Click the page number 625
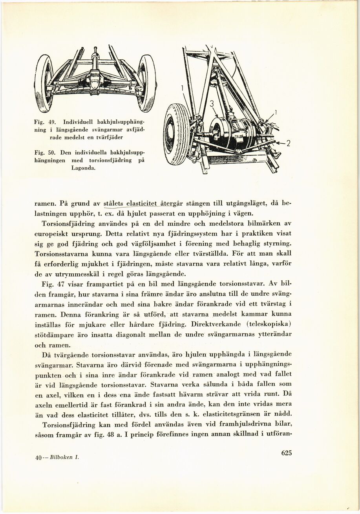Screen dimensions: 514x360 tap(287, 453)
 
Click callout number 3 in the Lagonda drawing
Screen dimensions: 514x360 tap(211, 104)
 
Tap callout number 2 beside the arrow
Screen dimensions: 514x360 tap(287, 144)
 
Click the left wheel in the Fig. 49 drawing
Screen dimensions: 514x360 tap(44, 83)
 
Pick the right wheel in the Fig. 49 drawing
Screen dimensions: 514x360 tap(147, 83)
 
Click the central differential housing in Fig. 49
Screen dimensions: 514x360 tap(95, 80)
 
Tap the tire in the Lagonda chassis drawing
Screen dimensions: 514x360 tap(177, 134)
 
